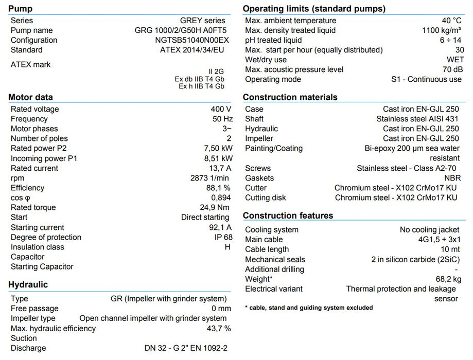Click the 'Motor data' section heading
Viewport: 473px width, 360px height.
[30, 97]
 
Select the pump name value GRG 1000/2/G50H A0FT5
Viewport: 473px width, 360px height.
[177, 30]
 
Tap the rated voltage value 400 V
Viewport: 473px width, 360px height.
[221, 109]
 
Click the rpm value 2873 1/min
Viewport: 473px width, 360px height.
[211, 178]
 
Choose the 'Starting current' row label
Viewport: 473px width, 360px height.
[38, 227]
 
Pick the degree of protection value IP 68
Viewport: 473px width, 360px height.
[223, 237]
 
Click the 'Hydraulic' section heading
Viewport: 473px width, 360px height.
[28, 284]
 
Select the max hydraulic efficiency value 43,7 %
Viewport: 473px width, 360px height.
[219, 328]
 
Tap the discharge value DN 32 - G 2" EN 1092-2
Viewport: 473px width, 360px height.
[186, 348]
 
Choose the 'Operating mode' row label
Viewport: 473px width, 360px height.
[273, 79]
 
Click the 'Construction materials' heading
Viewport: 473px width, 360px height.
[290, 97]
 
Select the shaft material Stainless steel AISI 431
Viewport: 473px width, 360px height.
[417, 119]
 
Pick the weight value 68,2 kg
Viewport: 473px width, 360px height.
[447, 279]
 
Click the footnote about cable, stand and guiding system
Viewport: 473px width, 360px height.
[309, 308]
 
